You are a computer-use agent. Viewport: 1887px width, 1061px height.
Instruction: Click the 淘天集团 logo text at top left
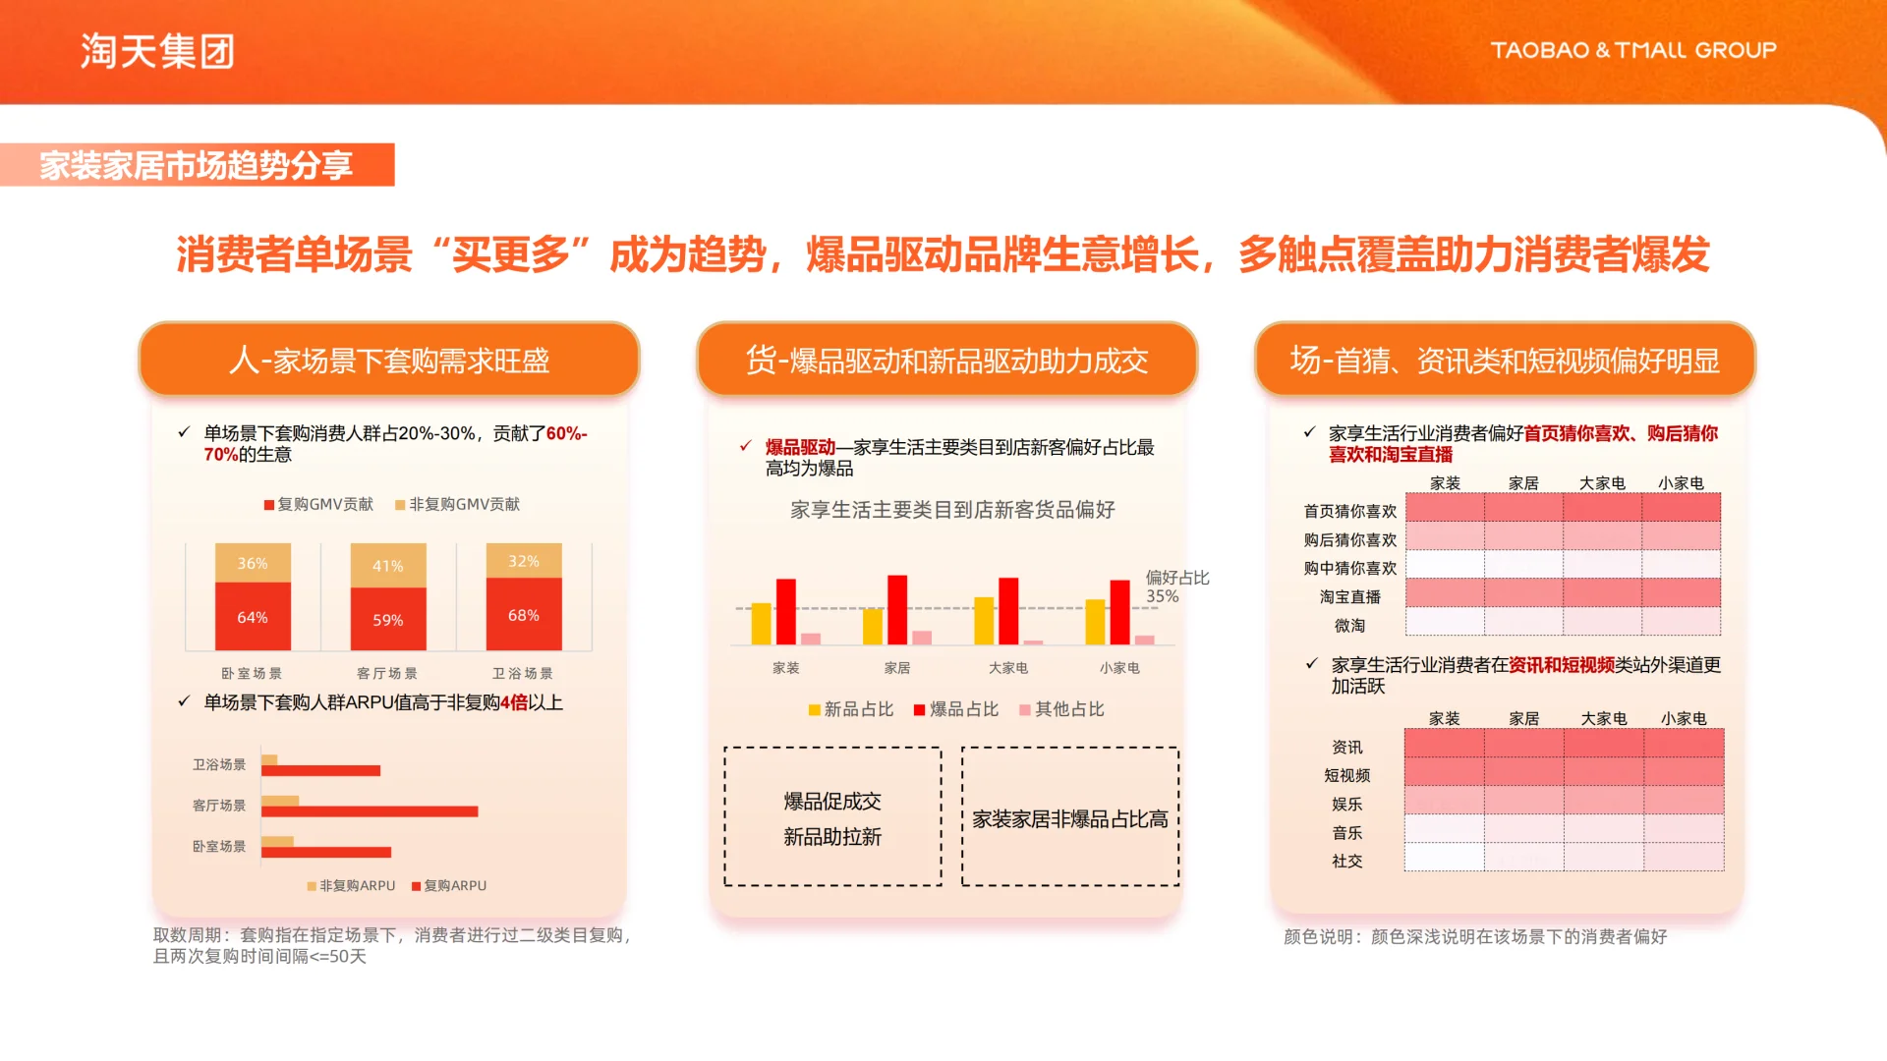tap(157, 51)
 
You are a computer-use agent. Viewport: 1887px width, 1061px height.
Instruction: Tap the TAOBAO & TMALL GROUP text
tap(1632, 50)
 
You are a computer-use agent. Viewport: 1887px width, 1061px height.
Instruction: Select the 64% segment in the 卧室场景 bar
tap(253, 617)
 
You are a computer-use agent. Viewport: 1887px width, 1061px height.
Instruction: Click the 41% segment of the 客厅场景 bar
tap(388, 566)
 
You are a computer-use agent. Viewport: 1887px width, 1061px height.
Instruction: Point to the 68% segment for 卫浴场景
tap(523, 615)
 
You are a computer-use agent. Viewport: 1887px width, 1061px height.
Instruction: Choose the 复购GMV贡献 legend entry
tap(318, 504)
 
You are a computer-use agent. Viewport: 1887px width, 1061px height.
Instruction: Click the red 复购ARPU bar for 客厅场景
tap(370, 811)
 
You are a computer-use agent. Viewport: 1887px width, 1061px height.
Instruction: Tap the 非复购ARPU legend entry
tap(351, 885)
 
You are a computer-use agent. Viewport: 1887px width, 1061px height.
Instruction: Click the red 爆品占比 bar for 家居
tap(897, 609)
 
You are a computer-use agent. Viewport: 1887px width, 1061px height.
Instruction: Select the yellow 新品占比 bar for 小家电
tap(1095, 621)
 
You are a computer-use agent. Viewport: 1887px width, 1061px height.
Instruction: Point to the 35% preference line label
tap(1163, 596)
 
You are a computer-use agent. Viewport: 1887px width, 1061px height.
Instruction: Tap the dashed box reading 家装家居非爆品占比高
tap(1069, 817)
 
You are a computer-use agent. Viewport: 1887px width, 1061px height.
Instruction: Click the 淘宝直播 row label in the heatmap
tap(1349, 596)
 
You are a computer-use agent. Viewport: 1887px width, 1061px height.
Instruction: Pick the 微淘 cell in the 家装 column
tap(1445, 622)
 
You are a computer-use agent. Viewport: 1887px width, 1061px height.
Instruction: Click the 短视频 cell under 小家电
tap(1684, 771)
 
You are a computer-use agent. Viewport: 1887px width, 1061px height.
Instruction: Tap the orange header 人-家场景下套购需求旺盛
tap(389, 361)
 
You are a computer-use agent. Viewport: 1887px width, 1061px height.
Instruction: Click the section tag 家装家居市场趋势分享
tap(197, 165)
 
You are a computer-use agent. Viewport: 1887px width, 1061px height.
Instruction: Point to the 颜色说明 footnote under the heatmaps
tap(1474, 936)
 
